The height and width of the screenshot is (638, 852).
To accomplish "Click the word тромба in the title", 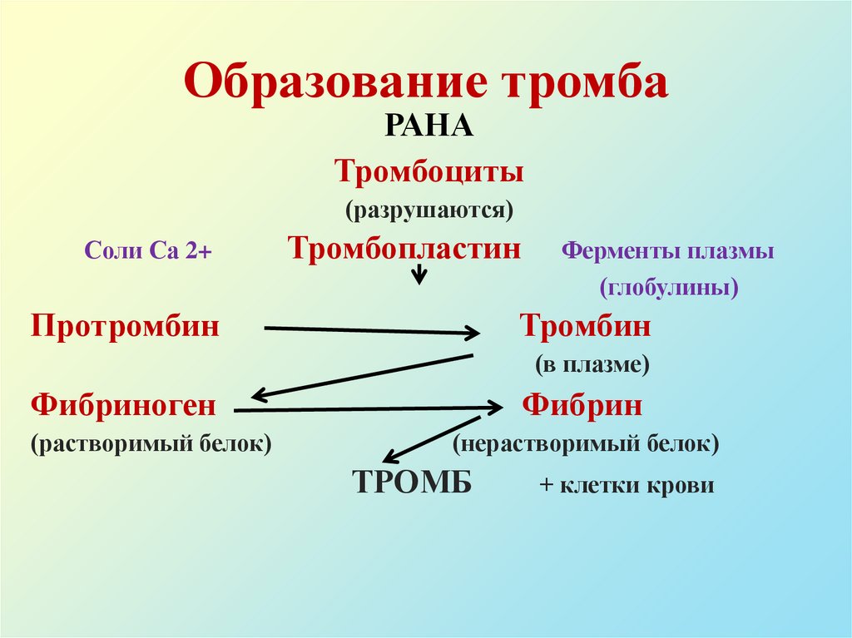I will click(573, 82).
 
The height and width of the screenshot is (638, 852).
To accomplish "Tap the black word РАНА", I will click(428, 128).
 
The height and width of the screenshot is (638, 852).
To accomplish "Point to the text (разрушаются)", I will click(429, 209).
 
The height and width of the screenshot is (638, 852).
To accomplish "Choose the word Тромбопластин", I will click(404, 249).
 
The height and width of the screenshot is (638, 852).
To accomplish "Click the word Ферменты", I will click(614, 251).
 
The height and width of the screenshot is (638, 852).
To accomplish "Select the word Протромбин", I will click(126, 325).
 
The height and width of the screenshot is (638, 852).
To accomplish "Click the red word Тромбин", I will click(586, 325).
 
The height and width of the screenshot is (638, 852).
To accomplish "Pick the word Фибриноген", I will click(124, 406).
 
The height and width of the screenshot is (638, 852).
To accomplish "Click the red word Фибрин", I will click(582, 406).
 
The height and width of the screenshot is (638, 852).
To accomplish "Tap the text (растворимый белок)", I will click(152, 443).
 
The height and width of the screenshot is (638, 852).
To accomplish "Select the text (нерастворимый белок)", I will click(586, 443).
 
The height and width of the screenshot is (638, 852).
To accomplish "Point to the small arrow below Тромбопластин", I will click(420, 273).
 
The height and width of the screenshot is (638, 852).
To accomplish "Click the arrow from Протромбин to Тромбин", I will click(371, 331).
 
